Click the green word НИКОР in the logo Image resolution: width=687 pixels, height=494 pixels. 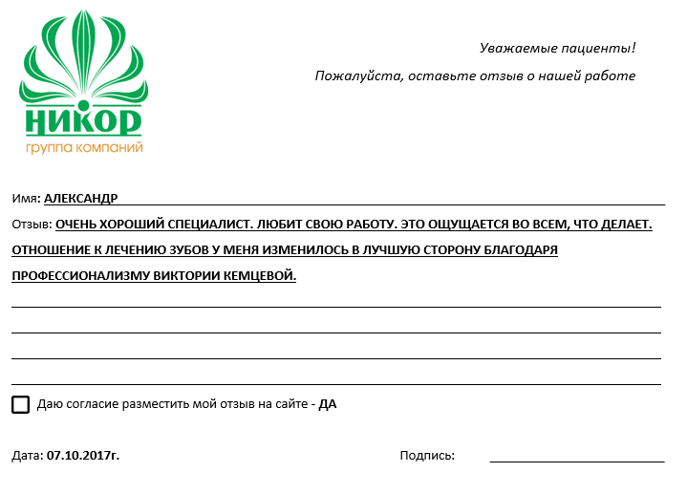pos(84,120)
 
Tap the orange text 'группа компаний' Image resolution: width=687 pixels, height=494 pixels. pos(84,148)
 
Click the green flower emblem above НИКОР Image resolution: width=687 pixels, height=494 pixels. pos(82,62)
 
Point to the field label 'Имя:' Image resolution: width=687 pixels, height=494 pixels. pos(26,198)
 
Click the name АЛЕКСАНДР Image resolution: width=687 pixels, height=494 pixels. pos(81,198)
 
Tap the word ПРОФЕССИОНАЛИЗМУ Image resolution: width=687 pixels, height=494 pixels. pos(79,276)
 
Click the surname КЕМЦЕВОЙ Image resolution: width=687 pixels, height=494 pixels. pos(259,276)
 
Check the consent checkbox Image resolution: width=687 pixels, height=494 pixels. pos(21,404)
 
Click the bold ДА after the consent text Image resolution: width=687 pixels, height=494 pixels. pos(328,404)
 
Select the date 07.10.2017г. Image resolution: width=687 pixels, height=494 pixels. pos(83,456)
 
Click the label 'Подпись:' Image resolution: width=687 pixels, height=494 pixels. pos(427,456)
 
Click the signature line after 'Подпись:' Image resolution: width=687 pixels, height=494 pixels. pos(576,461)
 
